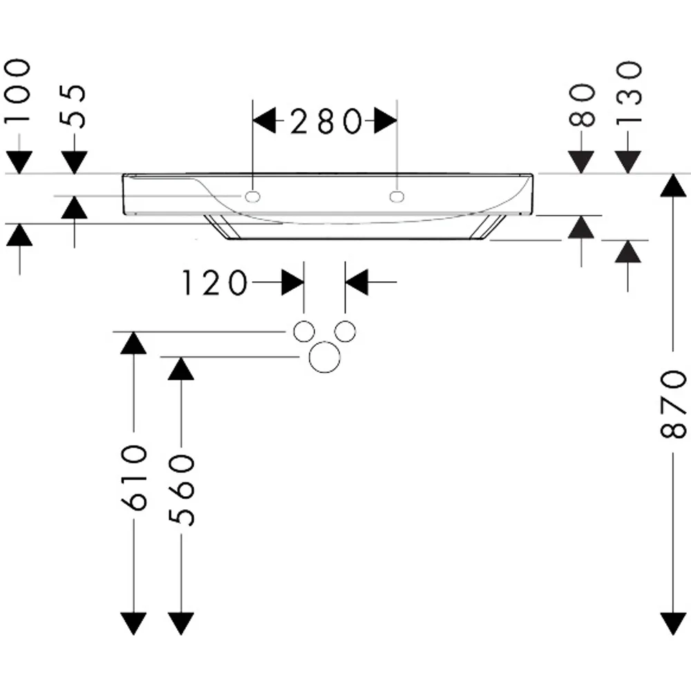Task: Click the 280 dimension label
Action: pos(326,121)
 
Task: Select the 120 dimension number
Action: pos(215,283)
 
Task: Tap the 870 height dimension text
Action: pos(673,404)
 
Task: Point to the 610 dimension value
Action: pos(133,478)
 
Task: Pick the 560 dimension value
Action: pos(181,491)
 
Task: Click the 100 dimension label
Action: pos(18,91)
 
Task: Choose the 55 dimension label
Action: pos(73,106)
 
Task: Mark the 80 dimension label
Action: pos(582,105)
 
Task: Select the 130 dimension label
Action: pos(628,93)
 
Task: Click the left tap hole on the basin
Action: pos(252,196)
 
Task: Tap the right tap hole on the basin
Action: pos(397,196)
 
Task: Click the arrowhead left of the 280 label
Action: pos(265,120)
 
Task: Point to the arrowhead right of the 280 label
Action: pos(386,120)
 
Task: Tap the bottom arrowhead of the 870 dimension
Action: pos(673,623)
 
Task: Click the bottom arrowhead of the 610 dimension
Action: pos(133,623)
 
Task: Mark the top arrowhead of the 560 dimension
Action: pos(181,368)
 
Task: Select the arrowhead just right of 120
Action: pos(292,282)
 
